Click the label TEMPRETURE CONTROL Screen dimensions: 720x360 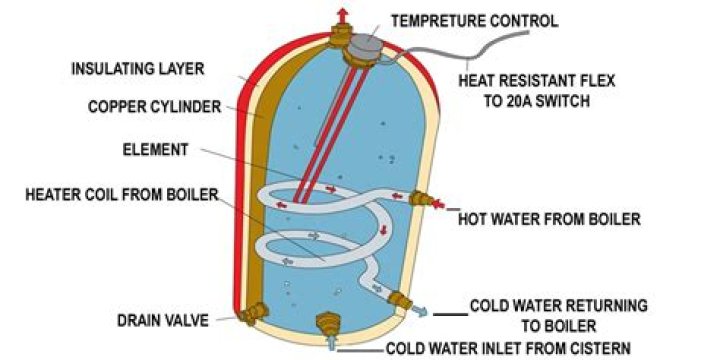(x=475, y=21)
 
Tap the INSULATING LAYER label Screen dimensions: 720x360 (x=138, y=69)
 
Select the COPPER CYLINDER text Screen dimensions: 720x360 (x=155, y=107)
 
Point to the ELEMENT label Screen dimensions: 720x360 (x=156, y=150)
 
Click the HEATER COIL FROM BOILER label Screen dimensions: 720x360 (x=122, y=195)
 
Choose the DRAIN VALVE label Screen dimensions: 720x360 (x=163, y=321)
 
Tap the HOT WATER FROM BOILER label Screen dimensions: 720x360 (x=550, y=219)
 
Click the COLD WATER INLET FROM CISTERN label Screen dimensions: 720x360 (x=508, y=349)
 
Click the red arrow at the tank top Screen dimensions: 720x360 (x=342, y=15)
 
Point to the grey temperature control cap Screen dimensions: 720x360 (x=364, y=46)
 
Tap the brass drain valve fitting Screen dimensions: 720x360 (x=252, y=314)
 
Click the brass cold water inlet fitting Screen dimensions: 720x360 (x=329, y=323)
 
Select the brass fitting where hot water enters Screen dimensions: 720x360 (x=421, y=198)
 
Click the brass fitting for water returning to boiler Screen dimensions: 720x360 (x=399, y=300)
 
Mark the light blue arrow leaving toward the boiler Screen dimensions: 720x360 (x=419, y=311)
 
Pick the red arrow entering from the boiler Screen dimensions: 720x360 (x=439, y=203)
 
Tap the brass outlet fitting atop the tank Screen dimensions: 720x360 (x=341, y=36)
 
